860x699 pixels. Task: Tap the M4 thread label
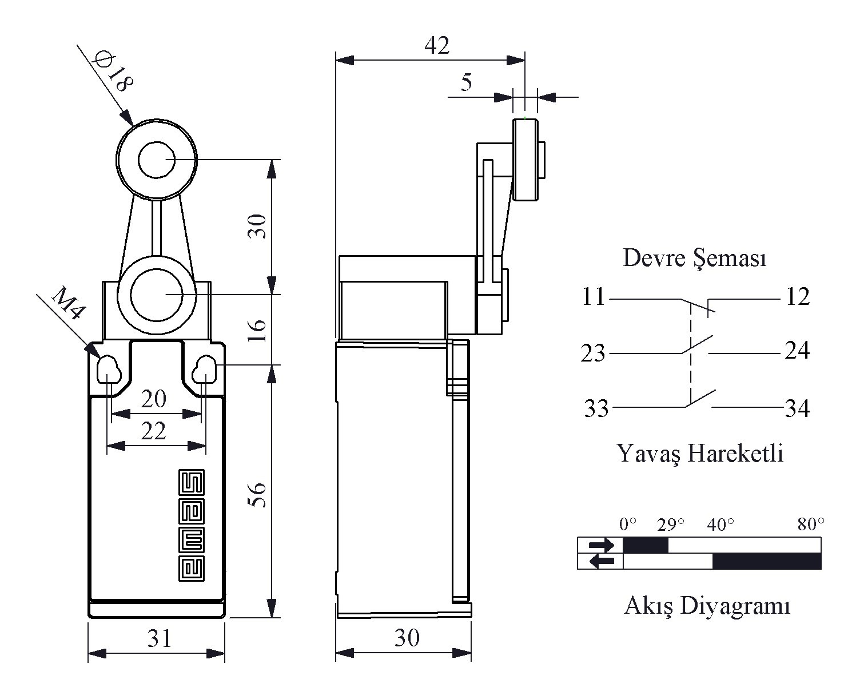[x=68, y=303]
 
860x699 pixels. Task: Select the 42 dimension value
[x=437, y=45]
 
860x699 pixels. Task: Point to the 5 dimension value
[x=467, y=82]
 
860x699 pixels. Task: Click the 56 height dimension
[x=257, y=494]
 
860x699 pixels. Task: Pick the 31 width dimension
[x=160, y=638]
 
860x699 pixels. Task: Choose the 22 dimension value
[x=153, y=431]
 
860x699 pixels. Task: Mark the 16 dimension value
[x=257, y=330]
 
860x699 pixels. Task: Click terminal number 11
[x=593, y=297]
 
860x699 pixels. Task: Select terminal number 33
[x=596, y=408]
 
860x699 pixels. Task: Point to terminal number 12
[x=798, y=297]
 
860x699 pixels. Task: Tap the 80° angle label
[x=811, y=524]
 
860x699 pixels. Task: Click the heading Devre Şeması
[x=694, y=258]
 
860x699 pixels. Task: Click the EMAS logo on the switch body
[x=192, y=525]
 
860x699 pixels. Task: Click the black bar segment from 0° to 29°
[x=646, y=545]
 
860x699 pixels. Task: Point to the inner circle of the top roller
[x=156, y=160]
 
